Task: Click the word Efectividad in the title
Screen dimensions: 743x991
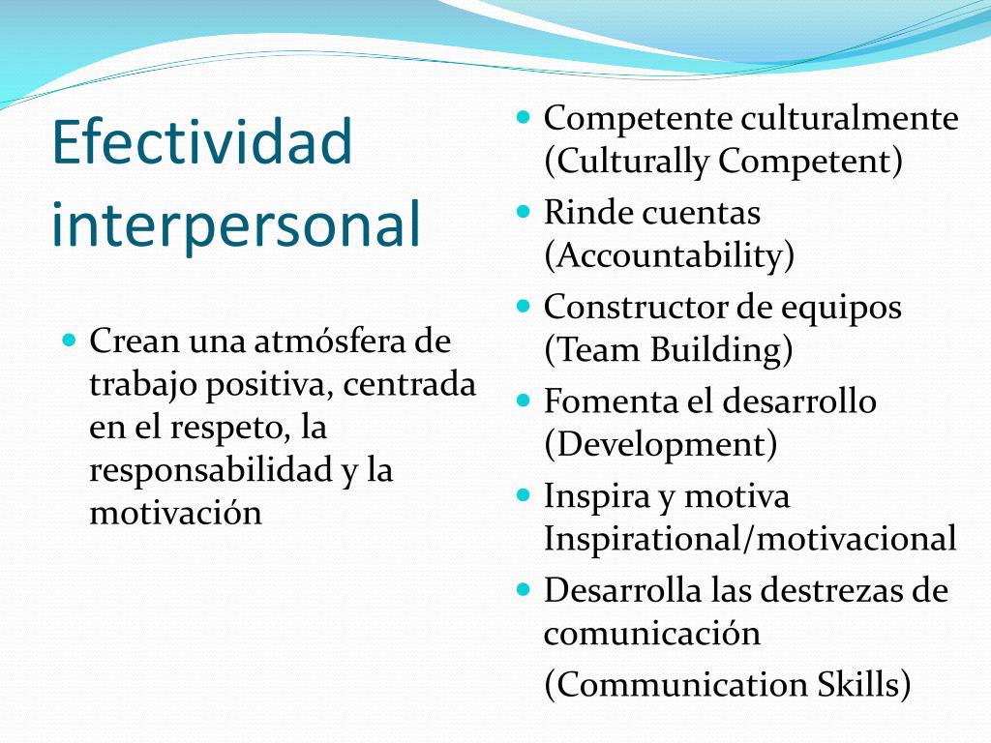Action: (202, 142)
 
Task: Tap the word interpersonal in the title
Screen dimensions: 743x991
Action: (236, 223)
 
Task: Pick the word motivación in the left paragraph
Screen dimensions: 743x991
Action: (175, 512)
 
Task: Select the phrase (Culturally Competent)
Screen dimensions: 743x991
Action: (723, 161)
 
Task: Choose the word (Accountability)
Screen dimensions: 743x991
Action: (669, 255)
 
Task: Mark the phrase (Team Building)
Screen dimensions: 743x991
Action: (669, 349)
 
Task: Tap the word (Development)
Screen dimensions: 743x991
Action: (660, 444)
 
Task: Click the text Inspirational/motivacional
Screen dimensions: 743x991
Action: (750, 538)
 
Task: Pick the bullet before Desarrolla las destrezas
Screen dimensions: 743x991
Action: (525, 589)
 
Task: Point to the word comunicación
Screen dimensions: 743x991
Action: (651, 634)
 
